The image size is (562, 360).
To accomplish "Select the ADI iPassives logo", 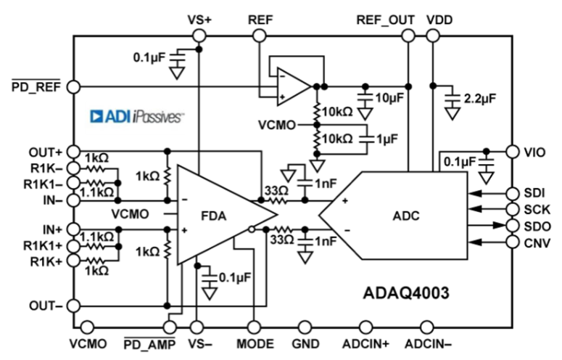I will tap(136, 116).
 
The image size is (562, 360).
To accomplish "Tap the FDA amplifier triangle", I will tap(218, 215).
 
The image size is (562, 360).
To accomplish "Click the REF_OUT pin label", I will tap(385, 20).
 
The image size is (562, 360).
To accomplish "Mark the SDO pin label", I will tap(536, 225).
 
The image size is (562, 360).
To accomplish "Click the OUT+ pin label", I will tap(45, 152).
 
